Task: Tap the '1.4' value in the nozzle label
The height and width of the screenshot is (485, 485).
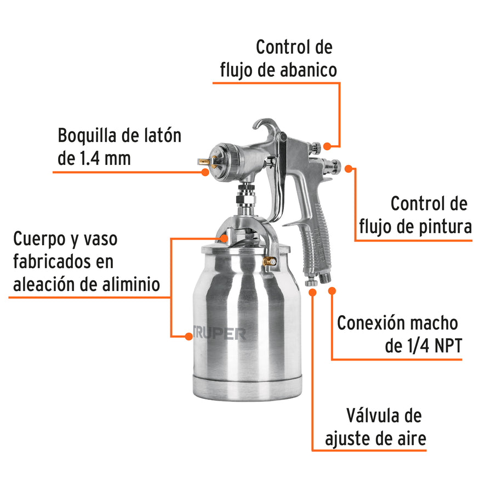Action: (x=88, y=159)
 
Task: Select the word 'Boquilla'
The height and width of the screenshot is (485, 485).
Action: (x=90, y=135)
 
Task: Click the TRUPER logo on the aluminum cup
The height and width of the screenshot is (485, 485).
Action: (x=219, y=334)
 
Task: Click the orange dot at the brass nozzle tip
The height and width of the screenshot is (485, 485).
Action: (x=206, y=172)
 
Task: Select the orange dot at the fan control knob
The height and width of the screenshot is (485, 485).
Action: (x=327, y=146)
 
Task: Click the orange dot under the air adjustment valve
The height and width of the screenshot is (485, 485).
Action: (x=313, y=292)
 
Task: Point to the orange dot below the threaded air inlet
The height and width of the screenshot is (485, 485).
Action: (x=331, y=292)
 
